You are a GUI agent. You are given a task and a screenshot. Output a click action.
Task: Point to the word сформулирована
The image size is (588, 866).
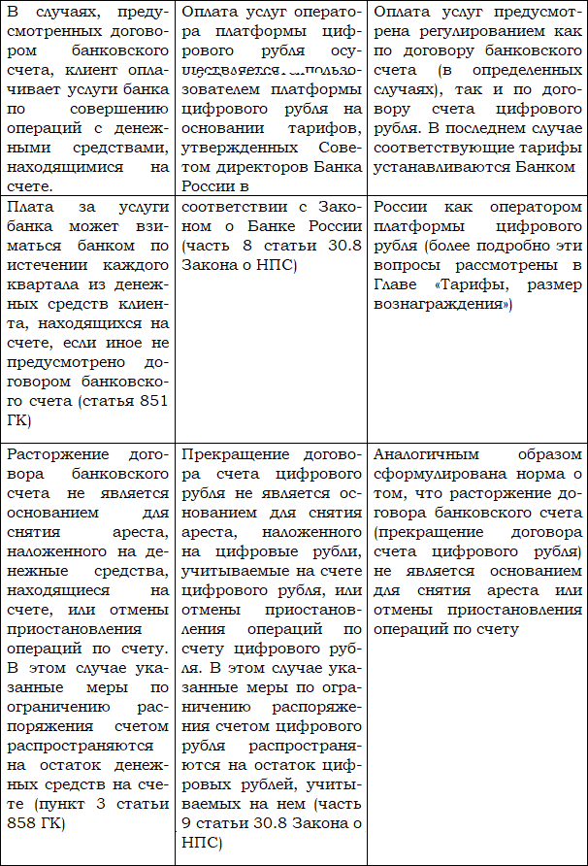tap(433, 475)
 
